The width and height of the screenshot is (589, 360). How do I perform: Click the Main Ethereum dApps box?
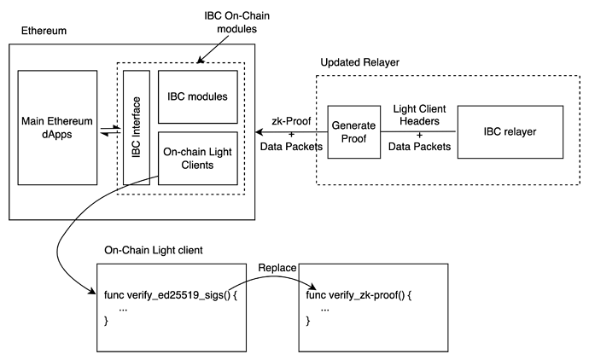tap(57, 128)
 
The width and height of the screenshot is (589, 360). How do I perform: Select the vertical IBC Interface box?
tap(137, 128)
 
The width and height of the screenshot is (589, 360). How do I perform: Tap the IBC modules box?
tap(197, 97)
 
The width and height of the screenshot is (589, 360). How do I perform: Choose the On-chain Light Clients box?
tap(197, 158)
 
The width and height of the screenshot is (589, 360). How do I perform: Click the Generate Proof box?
tap(354, 131)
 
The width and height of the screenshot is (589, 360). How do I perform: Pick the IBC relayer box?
tap(510, 131)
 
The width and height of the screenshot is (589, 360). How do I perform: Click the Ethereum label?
tap(44, 31)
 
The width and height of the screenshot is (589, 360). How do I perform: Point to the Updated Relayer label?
tap(360, 62)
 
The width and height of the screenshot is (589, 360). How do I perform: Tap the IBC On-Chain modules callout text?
tap(237, 22)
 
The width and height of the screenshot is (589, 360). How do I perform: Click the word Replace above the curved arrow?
tap(277, 268)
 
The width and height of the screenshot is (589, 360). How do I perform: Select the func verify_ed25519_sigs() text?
tap(171, 295)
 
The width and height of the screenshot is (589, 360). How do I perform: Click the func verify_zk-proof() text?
tap(359, 295)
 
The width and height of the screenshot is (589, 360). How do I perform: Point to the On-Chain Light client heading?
tap(154, 251)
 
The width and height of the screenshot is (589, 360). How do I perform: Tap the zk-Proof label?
tap(291, 121)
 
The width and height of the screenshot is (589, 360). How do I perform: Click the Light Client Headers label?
tap(419, 115)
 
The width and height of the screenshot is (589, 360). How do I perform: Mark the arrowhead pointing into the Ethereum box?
tap(259, 131)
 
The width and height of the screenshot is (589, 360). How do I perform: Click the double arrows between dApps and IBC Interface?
tap(110, 131)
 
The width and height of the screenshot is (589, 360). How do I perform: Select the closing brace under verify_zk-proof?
tap(308, 321)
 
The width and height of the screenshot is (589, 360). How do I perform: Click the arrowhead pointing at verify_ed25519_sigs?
tap(92, 291)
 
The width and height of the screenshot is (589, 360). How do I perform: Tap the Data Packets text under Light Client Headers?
tap(419, 147)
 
